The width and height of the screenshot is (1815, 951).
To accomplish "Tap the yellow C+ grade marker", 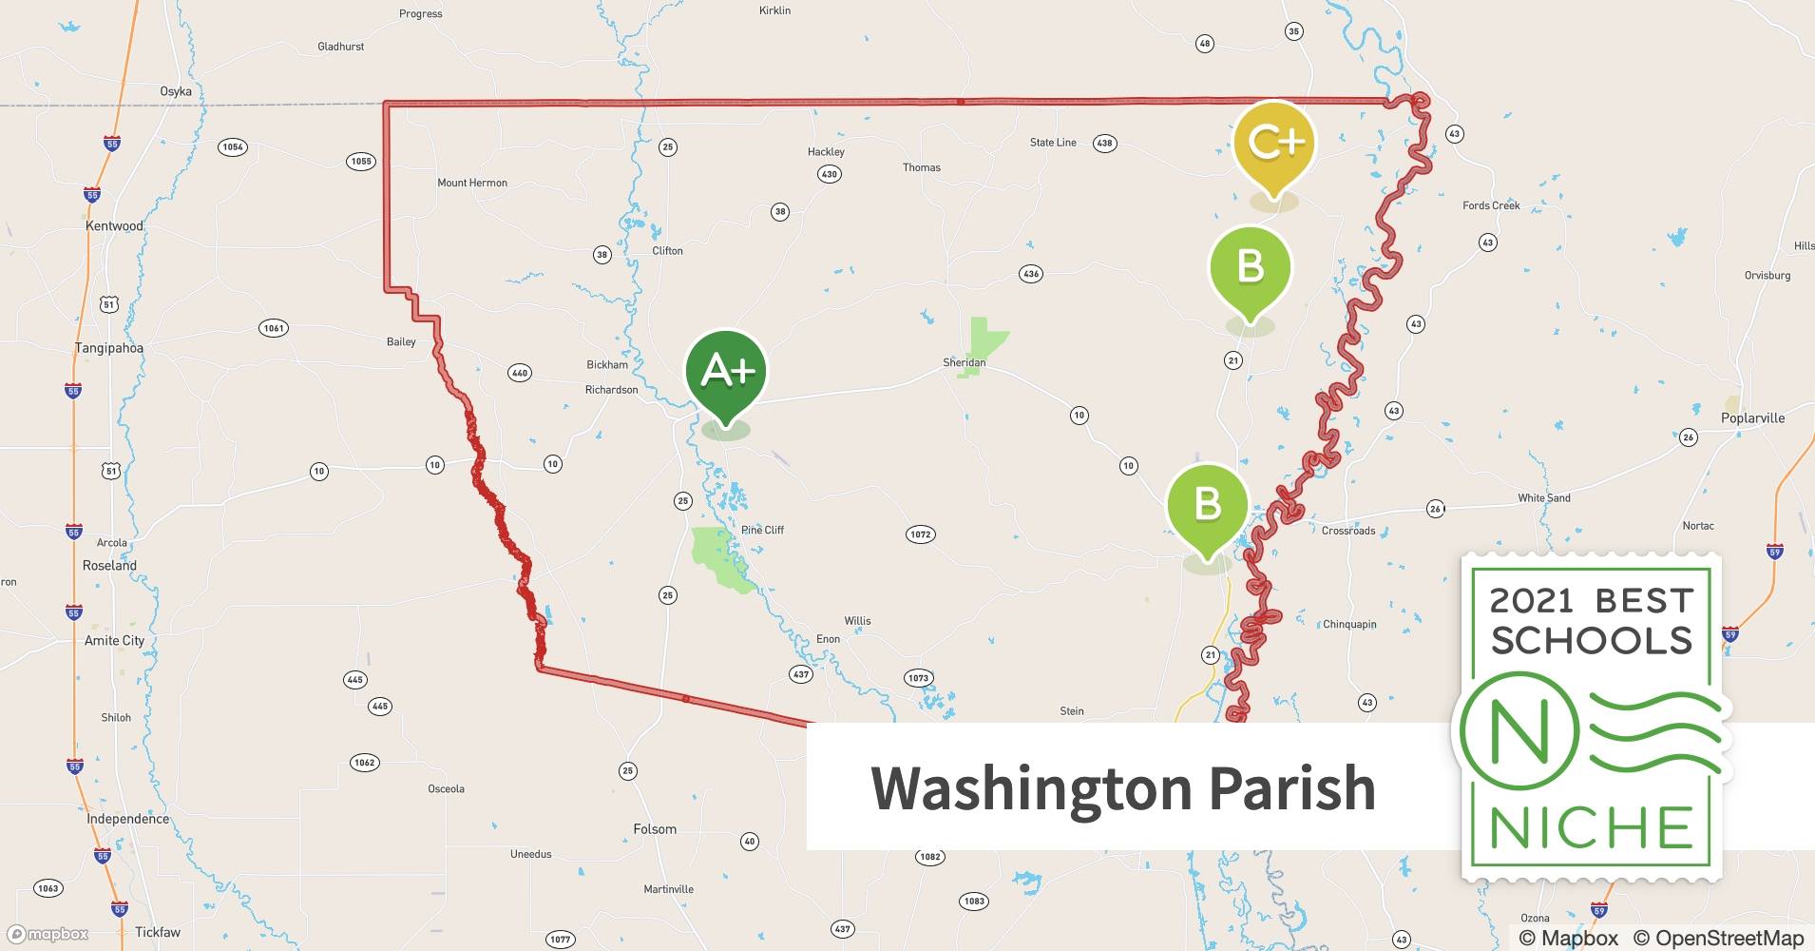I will (x=1274, y=143).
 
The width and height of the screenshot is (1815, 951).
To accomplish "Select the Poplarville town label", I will (x=1752, y=418).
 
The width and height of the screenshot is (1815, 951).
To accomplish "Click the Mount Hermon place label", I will (x=472, y=183).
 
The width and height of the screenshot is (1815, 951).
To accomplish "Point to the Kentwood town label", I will (x=114, y=226).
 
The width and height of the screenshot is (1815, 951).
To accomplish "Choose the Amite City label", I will (x=114, y=641).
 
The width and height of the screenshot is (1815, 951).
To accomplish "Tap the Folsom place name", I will (x=655, y=829).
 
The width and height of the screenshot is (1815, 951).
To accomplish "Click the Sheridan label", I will (x=964, y=362).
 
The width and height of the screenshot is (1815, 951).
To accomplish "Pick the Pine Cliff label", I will (x=762, y=530).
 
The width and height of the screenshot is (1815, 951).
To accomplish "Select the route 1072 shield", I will (x=920, y=534).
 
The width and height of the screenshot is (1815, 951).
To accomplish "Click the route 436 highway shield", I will (x=1031, y=274).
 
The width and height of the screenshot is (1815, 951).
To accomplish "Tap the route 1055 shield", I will (x=361, y=162).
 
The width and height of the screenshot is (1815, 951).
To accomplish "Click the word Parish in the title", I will (x=1291, y=787).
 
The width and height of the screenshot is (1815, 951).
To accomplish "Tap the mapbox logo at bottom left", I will (x=48, y=934).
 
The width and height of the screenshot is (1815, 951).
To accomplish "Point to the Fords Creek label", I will (x=1491, y=205).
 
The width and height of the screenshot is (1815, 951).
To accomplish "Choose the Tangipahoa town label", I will (x=109, y=348).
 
